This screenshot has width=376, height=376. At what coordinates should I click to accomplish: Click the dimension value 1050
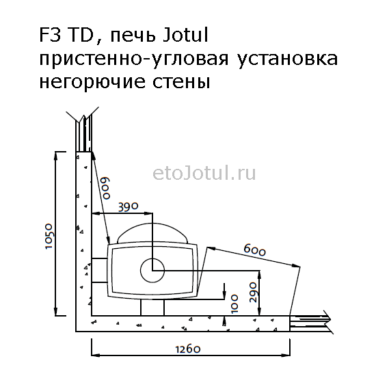click(x=49, y=237)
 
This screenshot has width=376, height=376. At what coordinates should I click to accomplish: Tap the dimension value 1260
click(x=188, y=349)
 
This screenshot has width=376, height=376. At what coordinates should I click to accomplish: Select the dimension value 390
click(x=129, y=207)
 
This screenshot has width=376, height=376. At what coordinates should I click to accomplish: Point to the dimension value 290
click(x=253, y=292)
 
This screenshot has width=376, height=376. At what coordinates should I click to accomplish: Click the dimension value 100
click(x=234, y=304)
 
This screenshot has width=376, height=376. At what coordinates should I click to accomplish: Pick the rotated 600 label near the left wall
click(x=106, y=188)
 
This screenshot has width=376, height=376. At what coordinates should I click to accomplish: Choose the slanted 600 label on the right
click(x=255, y=250)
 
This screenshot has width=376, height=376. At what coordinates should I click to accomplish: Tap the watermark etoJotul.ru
click(x=204, y=174)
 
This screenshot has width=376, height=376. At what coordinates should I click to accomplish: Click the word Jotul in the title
click(x=185, y=36)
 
